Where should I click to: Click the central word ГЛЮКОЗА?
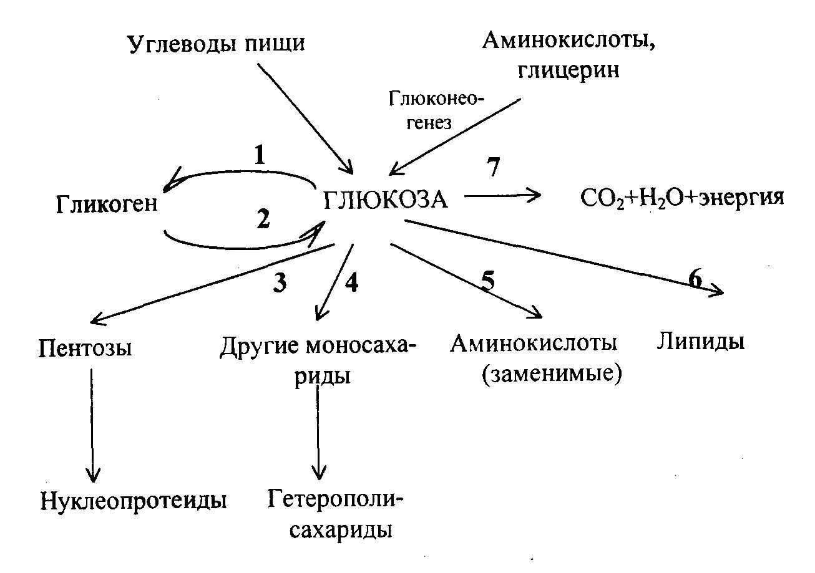(x=386, y=201)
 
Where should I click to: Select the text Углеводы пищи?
(x=217, y=45)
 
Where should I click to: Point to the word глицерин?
(x=569, y=69)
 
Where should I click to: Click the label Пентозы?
(x=85, y=347)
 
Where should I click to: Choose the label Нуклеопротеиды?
(x=133, y=500)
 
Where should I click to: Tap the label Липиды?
(x=700, y=342)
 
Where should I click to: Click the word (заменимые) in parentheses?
(x=552, y=374)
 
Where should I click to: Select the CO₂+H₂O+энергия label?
(x=681, y=198)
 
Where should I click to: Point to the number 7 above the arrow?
(x=494, y=168)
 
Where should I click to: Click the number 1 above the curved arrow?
(x=260, y=155)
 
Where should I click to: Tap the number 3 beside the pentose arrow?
(x=280, y=282)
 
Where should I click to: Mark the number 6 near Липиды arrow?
(x=695, y=279)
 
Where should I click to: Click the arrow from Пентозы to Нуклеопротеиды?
(x=92, y=424)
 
